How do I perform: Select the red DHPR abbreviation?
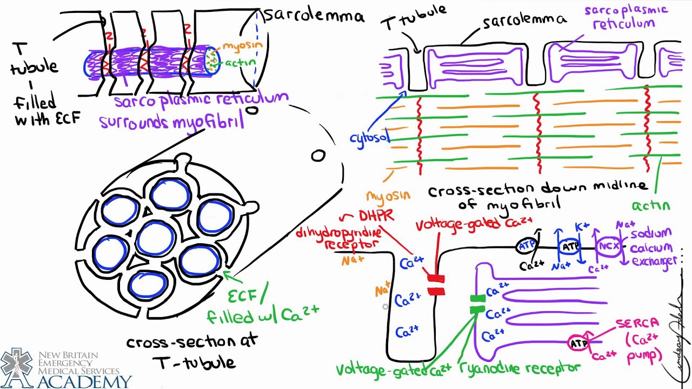[375, 216]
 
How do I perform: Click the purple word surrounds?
[135, 123]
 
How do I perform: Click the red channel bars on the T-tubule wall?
[435, 285]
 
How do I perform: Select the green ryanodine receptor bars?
[477, 304]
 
